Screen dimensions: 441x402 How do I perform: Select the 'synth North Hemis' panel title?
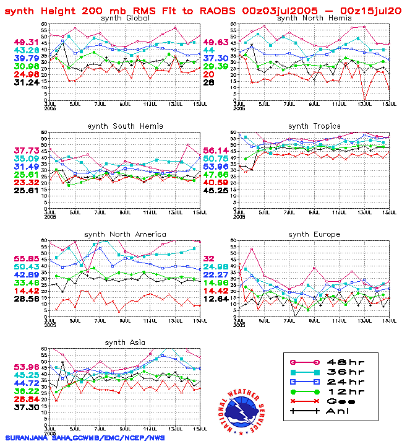314,18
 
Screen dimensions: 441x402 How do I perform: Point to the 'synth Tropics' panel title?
314,126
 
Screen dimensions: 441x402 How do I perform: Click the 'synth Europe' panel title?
314,234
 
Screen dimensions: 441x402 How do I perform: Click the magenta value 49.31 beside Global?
27,41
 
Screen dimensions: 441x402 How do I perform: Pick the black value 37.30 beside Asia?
27,408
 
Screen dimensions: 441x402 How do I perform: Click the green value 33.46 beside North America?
27,282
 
